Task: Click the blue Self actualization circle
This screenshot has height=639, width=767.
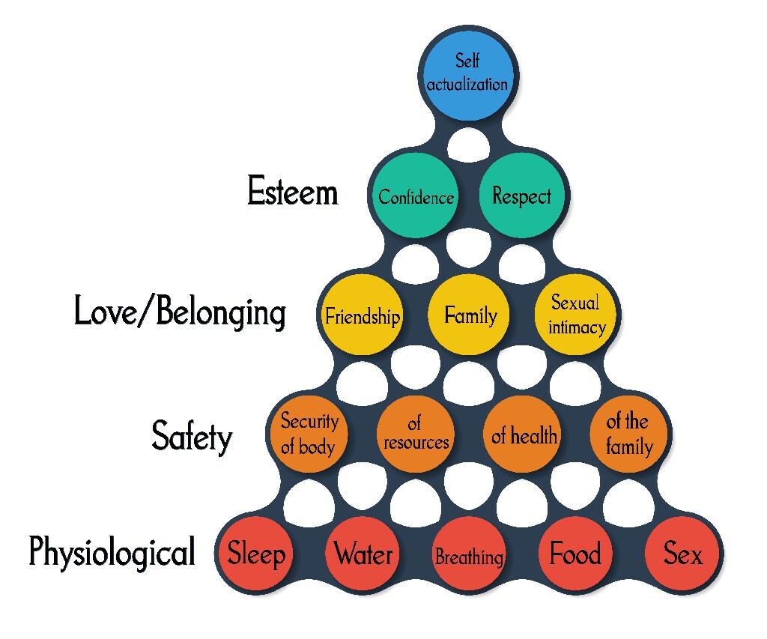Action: coord(468,73)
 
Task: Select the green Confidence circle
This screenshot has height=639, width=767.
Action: coord(416,196)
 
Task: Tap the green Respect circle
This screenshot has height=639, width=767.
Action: coord(522,196)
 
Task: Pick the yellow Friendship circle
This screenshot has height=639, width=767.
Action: coord(362,315)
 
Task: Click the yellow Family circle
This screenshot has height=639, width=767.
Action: coord(470,315)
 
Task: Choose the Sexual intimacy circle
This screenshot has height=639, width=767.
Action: coord(575,315)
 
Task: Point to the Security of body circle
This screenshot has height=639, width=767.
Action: coord(309,434)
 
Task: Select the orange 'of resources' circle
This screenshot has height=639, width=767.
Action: coord(416,434)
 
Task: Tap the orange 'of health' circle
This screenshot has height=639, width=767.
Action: coord(524,434)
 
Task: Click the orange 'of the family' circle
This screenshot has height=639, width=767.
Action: coord(628,434)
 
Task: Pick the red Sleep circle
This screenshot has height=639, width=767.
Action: coord(256,555)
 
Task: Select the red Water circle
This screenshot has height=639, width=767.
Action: coord(363,555)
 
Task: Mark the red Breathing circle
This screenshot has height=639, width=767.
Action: coord(470,555)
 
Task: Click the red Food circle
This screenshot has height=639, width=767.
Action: coord(575,555)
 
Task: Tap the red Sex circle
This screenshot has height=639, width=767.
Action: coord(683,555)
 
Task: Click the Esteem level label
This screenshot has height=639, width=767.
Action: coord(293,193)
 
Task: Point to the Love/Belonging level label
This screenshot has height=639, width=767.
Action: coord(180,312)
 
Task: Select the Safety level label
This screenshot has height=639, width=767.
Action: coord(192,435)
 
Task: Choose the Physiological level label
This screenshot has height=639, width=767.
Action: coord(112,554)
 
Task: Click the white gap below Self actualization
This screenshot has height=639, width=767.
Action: coord(469,140)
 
